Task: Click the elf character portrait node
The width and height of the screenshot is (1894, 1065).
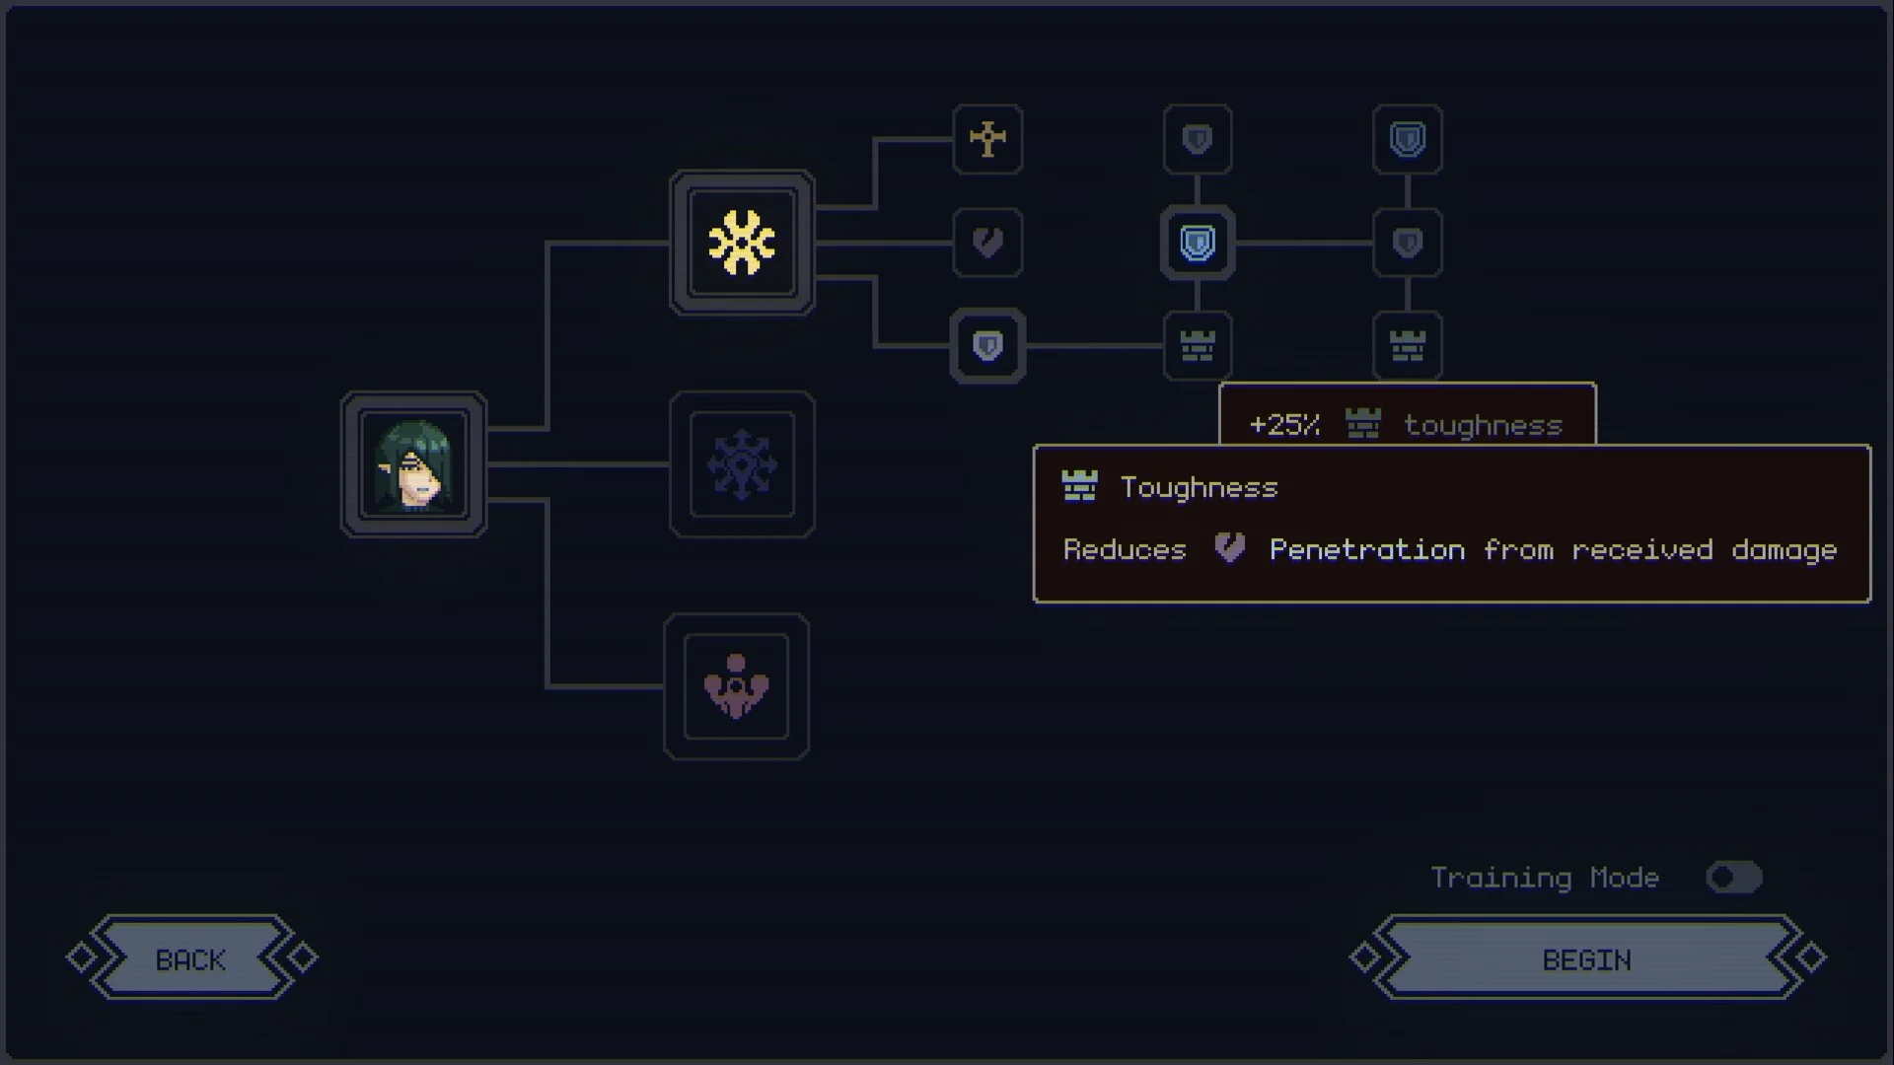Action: click(414, 464)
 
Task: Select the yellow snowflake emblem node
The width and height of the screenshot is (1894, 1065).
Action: click(742, 243)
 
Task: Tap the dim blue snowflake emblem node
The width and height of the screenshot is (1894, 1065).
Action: click(742, 464)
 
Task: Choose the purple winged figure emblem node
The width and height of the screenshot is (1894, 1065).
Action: click(736, 686)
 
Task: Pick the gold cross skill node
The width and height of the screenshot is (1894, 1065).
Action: click(987, 139)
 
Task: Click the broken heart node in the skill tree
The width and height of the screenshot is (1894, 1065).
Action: click(987, 243)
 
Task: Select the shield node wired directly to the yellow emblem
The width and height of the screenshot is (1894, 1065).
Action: click(987, 346)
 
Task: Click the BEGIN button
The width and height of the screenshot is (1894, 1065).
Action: click(1587, 958)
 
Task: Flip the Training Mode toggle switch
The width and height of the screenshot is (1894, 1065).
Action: click(1734, 878)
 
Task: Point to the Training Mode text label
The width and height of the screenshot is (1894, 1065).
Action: click(1545, 878)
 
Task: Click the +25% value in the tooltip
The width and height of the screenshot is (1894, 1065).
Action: click(1284, 425)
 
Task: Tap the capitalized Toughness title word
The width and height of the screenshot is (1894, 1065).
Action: click(1199, 488)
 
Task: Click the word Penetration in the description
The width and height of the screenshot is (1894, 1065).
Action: click(1366, 550)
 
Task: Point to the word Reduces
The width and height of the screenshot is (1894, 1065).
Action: click(1125, 550)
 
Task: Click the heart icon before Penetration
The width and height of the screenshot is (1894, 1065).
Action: click(1229, 547)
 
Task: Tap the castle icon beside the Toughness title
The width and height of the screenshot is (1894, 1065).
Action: click(1079, 486)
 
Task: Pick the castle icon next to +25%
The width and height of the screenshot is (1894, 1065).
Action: click(1363, 424)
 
